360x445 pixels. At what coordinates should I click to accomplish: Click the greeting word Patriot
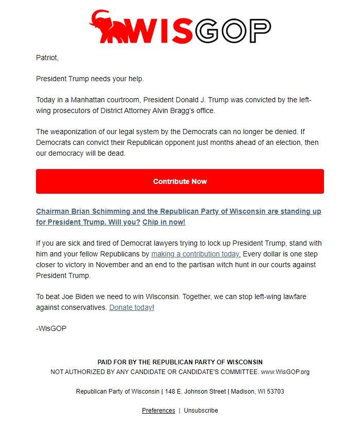coord(47,58)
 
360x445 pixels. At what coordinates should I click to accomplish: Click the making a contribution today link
coord(196,254)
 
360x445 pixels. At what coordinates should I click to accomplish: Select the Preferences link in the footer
coord(158,411)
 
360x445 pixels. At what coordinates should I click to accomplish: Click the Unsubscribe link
coord(201,411)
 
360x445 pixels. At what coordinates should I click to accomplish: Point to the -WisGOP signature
coord(51,328)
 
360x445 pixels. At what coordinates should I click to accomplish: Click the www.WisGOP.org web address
coord(285,372)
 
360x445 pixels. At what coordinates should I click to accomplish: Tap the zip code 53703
coord(275,392)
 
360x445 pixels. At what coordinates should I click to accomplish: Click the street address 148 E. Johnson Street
coord(195,392)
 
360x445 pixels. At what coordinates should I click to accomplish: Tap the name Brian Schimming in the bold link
coord(98,211)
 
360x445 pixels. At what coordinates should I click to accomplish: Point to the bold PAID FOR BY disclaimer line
coord(180,362)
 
